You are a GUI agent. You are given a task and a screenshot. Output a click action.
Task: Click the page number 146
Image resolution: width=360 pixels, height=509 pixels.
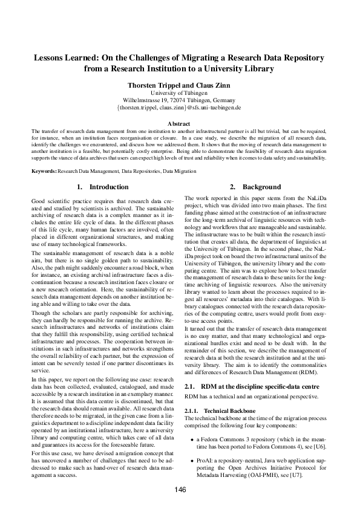[x=180, y=490]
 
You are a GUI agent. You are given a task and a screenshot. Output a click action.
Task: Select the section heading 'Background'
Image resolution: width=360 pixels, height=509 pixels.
[x=262, y=187]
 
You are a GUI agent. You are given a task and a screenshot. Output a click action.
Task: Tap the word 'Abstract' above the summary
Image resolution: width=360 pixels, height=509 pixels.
[x=179, y=123]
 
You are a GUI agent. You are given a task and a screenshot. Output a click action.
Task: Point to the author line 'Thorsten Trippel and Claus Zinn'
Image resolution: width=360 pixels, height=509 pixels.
[x=179, y=86]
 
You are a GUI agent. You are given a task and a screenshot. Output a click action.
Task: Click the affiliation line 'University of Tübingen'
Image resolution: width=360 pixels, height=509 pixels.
[x=179, y=93]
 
